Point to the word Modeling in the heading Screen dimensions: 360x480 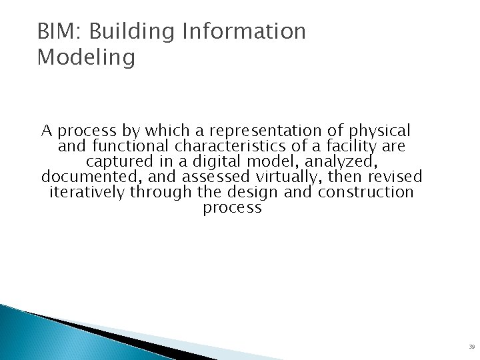tap(86, 58)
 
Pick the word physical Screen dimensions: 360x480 tap(379, 131)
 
